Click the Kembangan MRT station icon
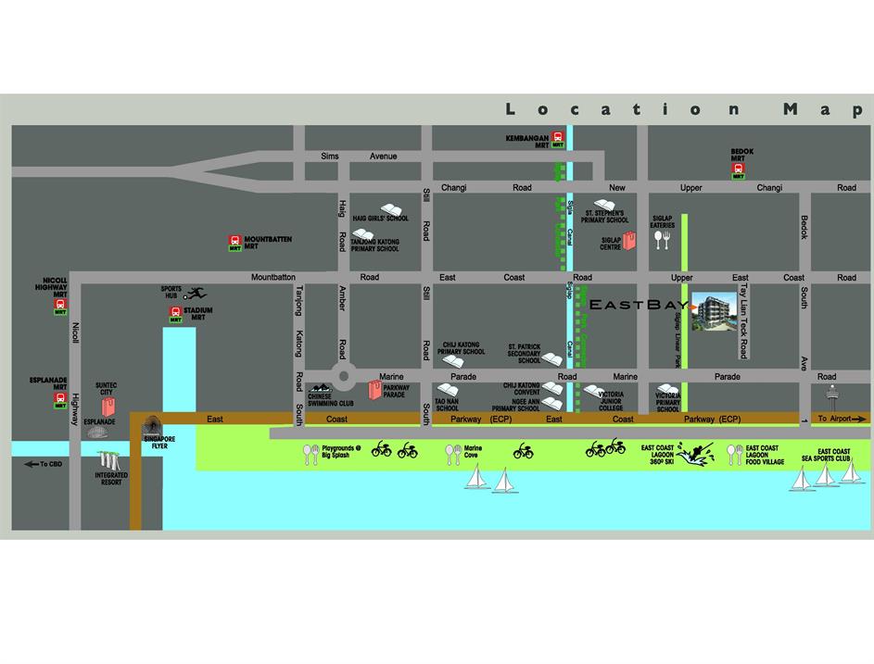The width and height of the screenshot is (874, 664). (557, 140)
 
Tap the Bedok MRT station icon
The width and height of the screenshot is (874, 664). (740, 171)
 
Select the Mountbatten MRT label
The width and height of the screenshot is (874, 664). (268, 240)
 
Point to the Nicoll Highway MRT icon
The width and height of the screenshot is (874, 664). (60, 306)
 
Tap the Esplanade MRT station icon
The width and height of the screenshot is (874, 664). (60, 400)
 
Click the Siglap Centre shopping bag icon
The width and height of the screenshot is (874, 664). (630, 242)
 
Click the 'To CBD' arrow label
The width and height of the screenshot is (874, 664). (43, 463)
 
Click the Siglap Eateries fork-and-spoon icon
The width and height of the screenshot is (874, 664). (662, 240)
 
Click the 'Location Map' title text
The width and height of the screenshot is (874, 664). (684, 109)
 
